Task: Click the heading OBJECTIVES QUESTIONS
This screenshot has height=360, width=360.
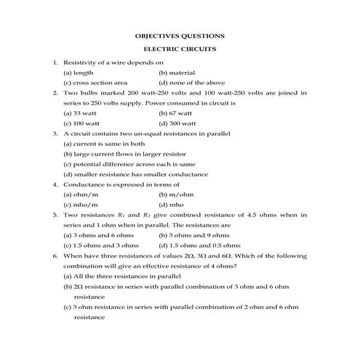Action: [x=180, y=36]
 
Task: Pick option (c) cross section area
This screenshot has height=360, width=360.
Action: [x=95, y=83]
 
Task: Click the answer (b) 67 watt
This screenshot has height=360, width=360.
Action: [x=175, y=113]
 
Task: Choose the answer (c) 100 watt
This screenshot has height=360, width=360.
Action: [x=81, y=124]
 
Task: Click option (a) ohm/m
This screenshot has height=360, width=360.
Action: [x=81, y=195]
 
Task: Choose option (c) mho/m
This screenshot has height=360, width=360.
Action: [x=81, y=205]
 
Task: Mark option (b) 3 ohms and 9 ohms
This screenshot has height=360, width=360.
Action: [x=193, y=236]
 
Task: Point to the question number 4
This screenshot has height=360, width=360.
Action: [x=56, y=185]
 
